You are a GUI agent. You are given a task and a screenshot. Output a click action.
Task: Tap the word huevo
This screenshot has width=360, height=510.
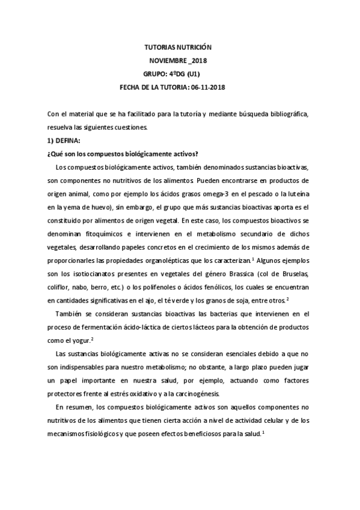click(x=104, y=206)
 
